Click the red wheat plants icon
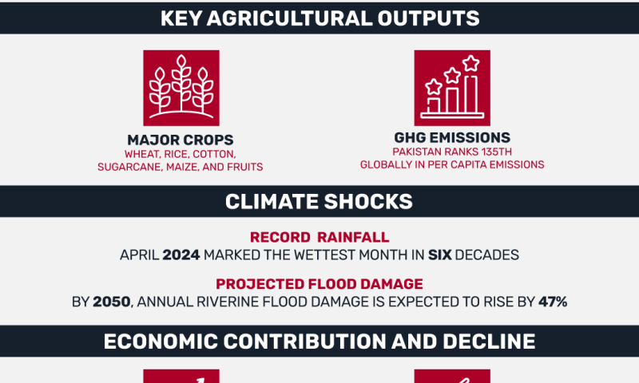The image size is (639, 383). (x=181, y=88)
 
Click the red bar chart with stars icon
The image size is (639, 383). (x=452, y=88)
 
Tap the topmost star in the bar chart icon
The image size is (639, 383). (x=471, y=63)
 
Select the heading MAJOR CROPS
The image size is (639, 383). (x=181, y=140)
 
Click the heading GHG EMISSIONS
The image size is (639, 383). (x=452, y=137)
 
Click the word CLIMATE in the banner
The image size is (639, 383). (x=272, y=201)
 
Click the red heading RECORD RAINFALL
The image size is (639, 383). (x=319, y=237)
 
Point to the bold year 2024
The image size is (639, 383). (x=181, y=255)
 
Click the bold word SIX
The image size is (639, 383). (x=440, y=255)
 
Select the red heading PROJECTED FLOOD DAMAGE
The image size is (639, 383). (x=319, y=284)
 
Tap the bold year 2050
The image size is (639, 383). (x=112, y=302)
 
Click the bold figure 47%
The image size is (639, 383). (x=553, y=302)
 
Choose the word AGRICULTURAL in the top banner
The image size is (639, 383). (x=289, y=18)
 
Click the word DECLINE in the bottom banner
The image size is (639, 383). (x=489, y=342)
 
